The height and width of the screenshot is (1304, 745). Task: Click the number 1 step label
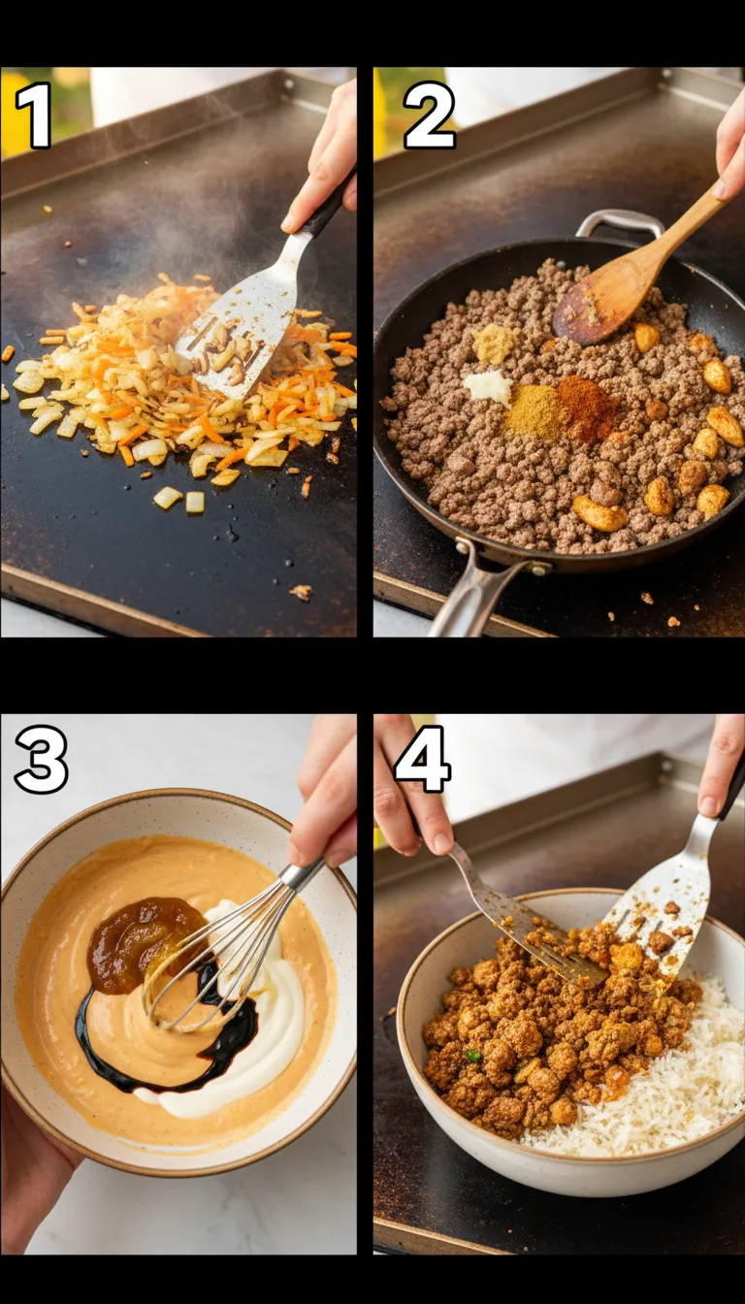[34, 115]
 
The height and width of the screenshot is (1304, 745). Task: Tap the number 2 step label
[429, 115]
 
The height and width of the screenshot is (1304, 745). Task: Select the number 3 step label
[41, 760]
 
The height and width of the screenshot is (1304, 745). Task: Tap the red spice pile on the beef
[588, 407]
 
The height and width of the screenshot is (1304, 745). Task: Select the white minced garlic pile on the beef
[488, 386]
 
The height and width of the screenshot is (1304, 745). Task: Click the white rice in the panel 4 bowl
[669, 1087]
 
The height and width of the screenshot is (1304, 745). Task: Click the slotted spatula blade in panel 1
[238, 335]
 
